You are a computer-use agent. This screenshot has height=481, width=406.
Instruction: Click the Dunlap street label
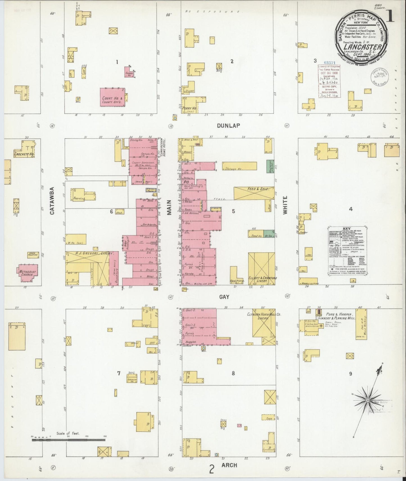pyautogui.click(x=232, y=125)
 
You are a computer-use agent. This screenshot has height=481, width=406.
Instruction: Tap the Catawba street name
pyautogui.click(x=53, y=201)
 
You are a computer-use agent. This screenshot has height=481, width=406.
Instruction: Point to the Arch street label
pyautogui.click(x=229, y=465)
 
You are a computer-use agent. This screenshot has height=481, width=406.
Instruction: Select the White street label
pyautogui.click(x=285, y=205)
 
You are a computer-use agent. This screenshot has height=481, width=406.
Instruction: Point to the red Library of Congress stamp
pyautogui.click(x=328, y=81)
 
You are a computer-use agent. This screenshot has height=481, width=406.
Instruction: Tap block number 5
pyautogui.click(x=233, y=211)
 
